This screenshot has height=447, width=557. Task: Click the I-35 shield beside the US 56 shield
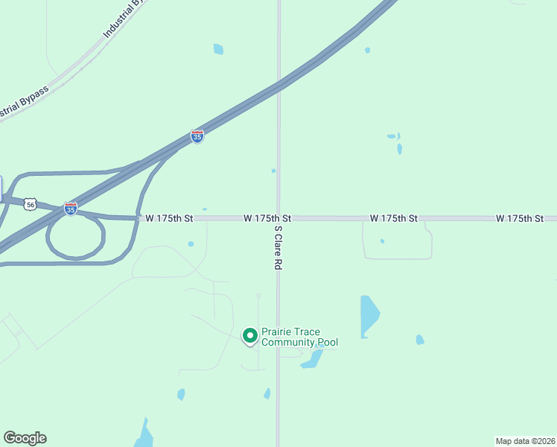pos(70,209)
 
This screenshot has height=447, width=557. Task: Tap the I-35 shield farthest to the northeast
pos(197,136)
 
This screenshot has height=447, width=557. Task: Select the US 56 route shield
pos(30,203)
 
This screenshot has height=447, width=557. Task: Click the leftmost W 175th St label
pos(169,218)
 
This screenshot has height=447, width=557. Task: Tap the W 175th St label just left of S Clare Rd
pos(267,218)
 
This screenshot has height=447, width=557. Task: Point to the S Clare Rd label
pos(278,247)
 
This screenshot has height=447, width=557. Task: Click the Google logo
pos(25,438)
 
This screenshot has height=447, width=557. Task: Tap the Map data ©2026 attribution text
pos(524,441)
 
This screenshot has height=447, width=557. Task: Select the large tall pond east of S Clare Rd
pos(368,314)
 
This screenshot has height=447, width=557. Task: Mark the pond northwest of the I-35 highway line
pos(218,49)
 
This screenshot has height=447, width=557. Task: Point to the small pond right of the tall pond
pos(420,340)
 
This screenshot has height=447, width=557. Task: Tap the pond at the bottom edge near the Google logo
pos(144,436)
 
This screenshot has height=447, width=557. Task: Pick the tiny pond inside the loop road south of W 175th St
pos(382,241)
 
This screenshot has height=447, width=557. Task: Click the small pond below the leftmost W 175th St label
pos(191,244)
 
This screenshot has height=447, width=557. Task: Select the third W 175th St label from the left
pos(393,218)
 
